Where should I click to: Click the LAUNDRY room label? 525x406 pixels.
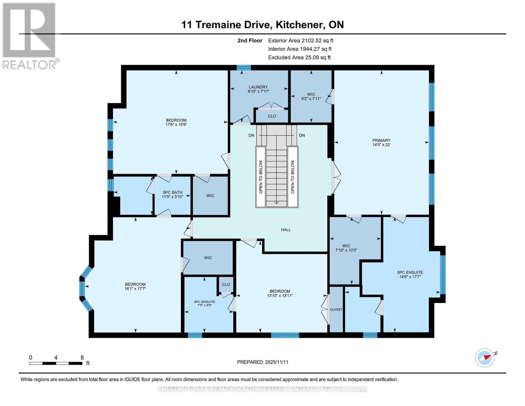(x=258, y=87)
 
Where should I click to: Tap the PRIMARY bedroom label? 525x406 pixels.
(x=381, y=140)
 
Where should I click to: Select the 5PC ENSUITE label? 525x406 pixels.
(x=410, y=272)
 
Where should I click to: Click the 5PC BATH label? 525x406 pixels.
(x=172, y=193)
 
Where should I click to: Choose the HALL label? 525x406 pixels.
(x=286, y=230)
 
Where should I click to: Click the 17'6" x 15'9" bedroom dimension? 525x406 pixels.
(x=176, y=125)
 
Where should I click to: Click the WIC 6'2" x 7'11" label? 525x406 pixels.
(x=311, y=96)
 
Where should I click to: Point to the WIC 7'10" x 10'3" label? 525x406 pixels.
(x=346, y=248)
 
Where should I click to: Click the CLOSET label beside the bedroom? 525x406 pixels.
(x=336, y=310)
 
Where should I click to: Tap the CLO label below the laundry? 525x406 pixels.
(x=272, y=116)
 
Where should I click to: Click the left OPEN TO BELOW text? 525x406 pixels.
(x=261, y=177)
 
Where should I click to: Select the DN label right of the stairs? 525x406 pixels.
(x=302, y=135)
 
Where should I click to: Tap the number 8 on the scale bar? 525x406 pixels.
(x=82, y=358)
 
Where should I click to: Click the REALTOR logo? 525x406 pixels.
(x=29, y=36)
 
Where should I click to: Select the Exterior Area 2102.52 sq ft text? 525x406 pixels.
(x=301, y=41)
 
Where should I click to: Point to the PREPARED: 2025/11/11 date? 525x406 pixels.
(x=262, y=362)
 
